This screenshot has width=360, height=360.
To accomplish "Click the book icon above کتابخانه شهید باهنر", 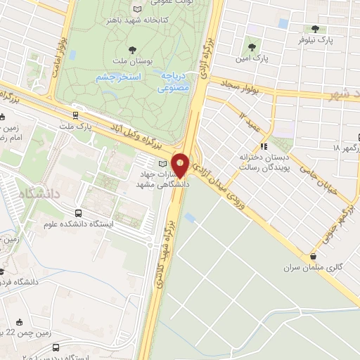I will (137, 8).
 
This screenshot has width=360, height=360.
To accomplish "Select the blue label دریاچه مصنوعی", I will (172, 83).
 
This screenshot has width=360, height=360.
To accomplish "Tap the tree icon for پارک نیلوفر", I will (314, 30).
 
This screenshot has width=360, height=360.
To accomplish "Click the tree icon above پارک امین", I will (251, 48).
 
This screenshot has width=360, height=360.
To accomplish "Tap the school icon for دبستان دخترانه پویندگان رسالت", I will (264, 146).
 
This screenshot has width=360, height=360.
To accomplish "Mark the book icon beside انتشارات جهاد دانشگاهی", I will (142, 165).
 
